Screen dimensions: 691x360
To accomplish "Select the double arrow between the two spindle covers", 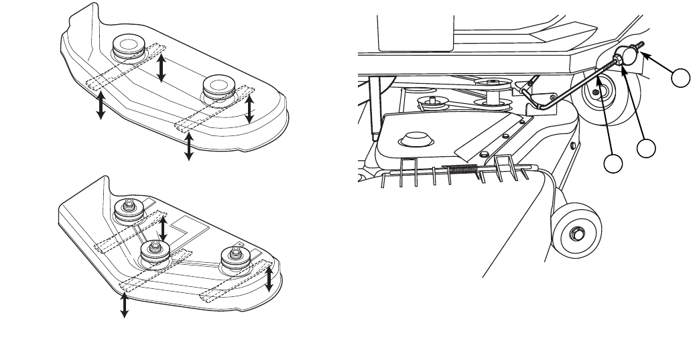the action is click(161, 68).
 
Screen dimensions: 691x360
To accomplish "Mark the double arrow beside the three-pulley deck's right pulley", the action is click(269, 280).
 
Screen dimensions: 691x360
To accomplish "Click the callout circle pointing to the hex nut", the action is click(647, 149).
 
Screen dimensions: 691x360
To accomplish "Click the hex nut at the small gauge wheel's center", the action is click(574, 235).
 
